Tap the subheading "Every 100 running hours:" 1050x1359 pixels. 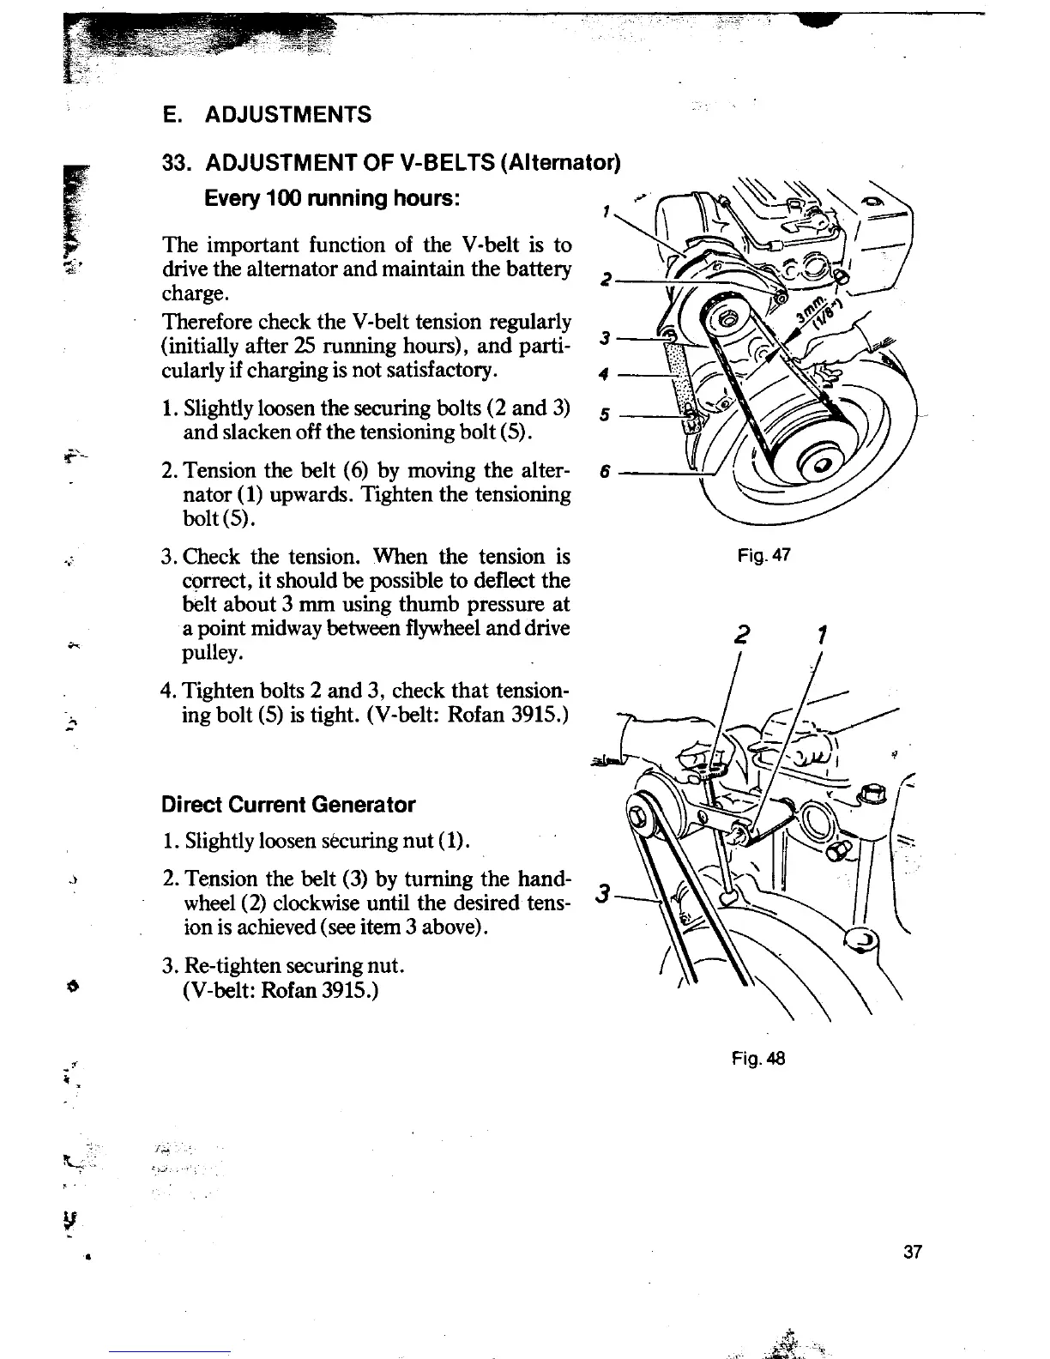tap(334, 198)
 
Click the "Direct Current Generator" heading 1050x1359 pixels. tap(288, 805)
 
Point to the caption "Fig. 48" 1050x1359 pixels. tap(758, 1059)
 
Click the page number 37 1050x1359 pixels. tap(912, 1252)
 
